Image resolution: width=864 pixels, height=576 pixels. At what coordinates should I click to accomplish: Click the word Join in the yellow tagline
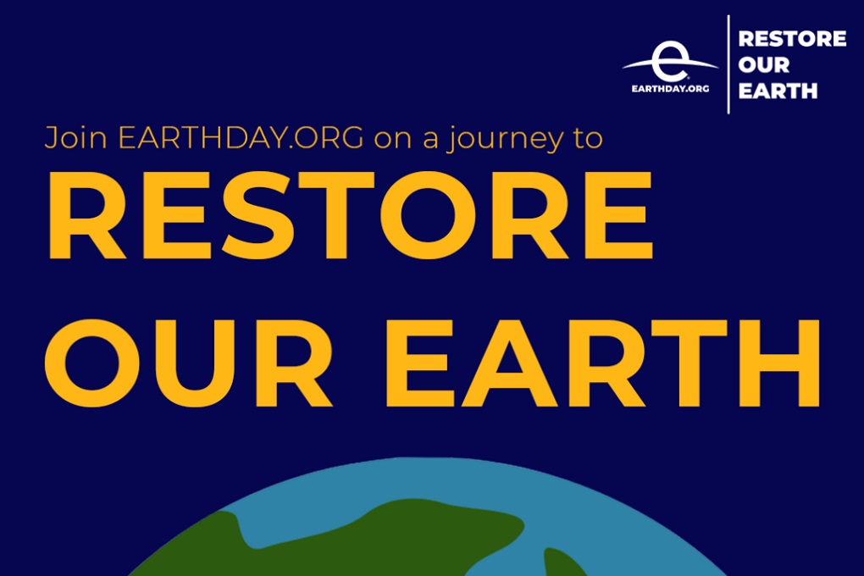(x=75, y=137)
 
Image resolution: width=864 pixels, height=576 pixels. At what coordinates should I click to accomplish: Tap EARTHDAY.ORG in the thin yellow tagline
(x=241, y=137)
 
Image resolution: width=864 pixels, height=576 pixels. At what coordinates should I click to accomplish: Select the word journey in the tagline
(x=506, y=139)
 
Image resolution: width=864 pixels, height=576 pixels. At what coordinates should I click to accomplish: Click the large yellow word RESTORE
(x=351, y=215)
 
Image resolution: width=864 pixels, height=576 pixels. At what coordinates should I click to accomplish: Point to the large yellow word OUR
(x=188, y=363)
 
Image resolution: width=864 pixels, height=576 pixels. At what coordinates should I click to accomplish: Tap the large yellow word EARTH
(x=603, y=363)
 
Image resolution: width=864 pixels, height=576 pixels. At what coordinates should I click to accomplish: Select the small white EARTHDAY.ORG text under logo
(x=670, y=89)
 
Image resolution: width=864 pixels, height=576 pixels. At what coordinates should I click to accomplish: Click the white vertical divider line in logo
(x=728, y=64)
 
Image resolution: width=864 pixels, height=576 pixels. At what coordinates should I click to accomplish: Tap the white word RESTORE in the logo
(x=792, y=39)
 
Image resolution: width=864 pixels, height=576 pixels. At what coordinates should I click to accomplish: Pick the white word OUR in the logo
(x=764, y=64)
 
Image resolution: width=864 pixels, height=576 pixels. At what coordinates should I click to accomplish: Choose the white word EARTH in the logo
(x=778, y=91)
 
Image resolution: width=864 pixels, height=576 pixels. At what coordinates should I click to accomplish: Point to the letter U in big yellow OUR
(x=186, y=363)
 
